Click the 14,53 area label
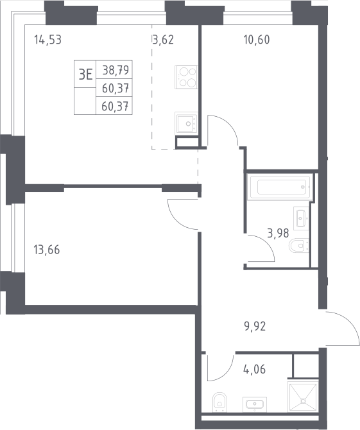tap(47, 40)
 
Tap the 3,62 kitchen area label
tap(163, 40)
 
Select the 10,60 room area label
tap(257, 40)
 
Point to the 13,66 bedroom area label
tap(47, 250)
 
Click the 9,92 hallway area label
tap(255, 326)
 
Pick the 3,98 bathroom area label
tap(278, 233)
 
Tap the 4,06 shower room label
tap(255, 370)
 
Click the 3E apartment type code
tap(85, 74)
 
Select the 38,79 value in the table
tap(116, 70)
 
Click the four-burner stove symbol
tap(186, 77)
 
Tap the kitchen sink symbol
tap(186, 123)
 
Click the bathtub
tap(279, 187)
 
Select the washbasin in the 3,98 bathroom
tap(301, 218)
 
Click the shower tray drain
tap(303, 401)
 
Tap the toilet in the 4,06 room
tap(220, 402)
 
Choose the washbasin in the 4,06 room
tap(255, 404)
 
